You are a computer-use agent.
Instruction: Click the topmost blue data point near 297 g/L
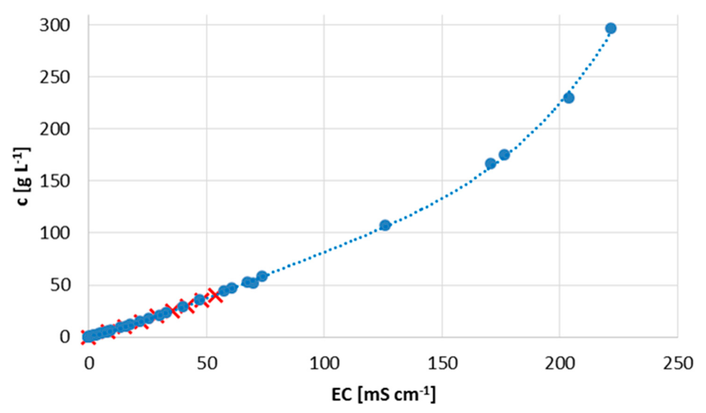pos(611,28)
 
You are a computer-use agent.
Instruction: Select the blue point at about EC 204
pos(568,98)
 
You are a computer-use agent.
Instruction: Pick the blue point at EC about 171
pos(490,164)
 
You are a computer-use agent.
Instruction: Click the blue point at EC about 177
pos(504,155)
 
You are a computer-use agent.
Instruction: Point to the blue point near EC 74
pos(262,276)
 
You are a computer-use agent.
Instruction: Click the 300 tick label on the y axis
pos(54,26)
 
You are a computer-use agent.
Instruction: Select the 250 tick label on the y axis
pos(54,77)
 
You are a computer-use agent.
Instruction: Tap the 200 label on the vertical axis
pos(54,129)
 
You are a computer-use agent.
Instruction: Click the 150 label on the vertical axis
pos(54,181)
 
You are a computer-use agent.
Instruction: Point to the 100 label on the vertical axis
pos(54,233)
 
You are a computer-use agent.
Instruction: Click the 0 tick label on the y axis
pos(65,337)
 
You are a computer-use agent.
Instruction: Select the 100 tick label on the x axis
pos(324,364)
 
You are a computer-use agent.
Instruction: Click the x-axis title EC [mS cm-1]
pos(384,394)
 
